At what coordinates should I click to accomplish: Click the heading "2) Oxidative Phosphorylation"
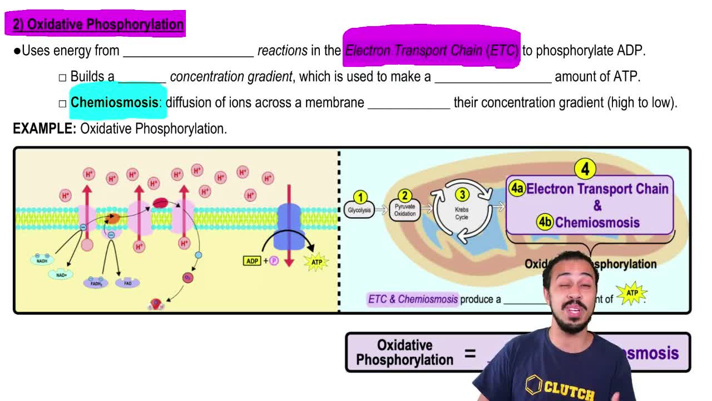click(98, 25)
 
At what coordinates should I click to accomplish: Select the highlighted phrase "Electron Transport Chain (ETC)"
click(432, 50)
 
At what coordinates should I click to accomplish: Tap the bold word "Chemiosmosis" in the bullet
click(115, 102)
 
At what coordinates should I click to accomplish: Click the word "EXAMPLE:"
click(44, 129)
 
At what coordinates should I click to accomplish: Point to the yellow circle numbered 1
click(360, 198)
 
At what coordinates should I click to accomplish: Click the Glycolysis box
click(359, 211)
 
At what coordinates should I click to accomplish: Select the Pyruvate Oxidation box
click(404, 210)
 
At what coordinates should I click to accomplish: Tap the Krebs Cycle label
click(462, 213)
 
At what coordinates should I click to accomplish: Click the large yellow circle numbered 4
click(585, 168)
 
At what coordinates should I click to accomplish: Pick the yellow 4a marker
click(517, 188)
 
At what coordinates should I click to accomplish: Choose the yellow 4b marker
click(545, 222)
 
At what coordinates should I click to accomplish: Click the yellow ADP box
click(252, 261)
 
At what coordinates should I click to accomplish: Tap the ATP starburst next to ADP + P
click(317, 262)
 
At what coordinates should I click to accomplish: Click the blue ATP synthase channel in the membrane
click(289, 219)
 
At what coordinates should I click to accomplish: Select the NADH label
click(42, 261)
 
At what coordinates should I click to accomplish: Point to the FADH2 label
click(96, 283)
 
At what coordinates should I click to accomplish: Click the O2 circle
click(188, 277)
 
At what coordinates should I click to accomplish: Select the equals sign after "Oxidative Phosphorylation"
click(470, 353)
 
